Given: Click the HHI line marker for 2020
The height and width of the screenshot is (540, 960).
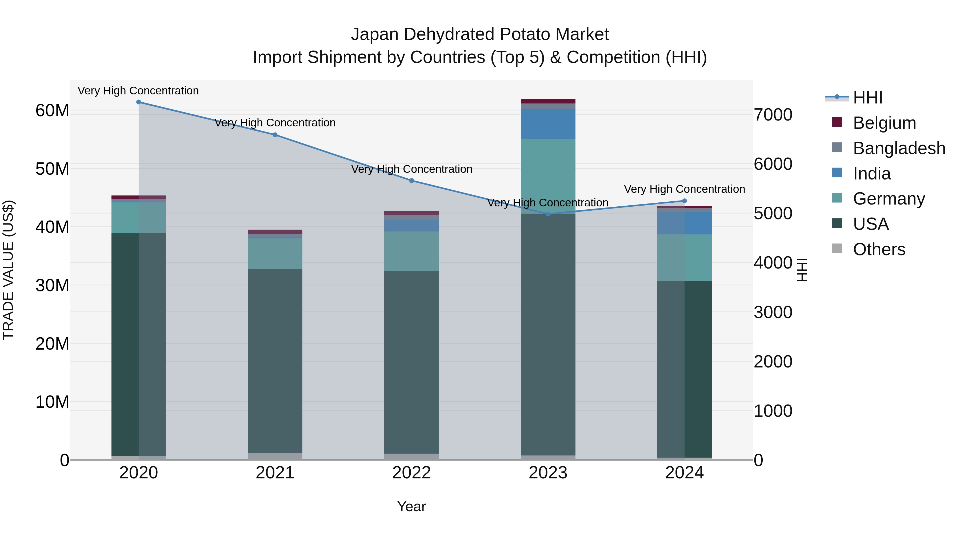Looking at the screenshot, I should tap(139, 102).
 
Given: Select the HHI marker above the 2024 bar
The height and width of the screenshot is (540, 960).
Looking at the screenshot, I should tap(684, 201).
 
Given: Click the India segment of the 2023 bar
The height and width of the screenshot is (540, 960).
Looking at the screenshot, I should tap(548, 124).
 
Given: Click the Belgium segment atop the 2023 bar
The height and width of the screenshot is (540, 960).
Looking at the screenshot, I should tap(548, 101).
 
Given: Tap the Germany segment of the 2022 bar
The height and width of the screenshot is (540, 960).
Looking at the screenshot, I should tap(411, 251).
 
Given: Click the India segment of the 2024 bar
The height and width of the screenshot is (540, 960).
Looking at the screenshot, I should tap(684, 223).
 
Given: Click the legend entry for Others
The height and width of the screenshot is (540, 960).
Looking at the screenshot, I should tap(879, 249).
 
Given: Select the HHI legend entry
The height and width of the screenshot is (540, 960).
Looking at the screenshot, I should tap(867, 98).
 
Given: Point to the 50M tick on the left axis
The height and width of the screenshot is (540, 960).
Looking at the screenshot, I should tap(52, 169).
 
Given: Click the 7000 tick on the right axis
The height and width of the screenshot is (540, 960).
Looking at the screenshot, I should tap(773, 115).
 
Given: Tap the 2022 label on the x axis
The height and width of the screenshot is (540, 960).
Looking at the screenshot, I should tap(411, 473).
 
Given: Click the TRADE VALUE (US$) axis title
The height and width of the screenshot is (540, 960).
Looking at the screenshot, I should tap(8, 270).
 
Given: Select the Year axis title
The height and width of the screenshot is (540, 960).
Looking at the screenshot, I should tap(411, 506).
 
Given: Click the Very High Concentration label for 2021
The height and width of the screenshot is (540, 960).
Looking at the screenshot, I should tap(275, 123).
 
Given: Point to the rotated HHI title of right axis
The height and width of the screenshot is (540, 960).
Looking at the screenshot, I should tap(802, 270).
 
